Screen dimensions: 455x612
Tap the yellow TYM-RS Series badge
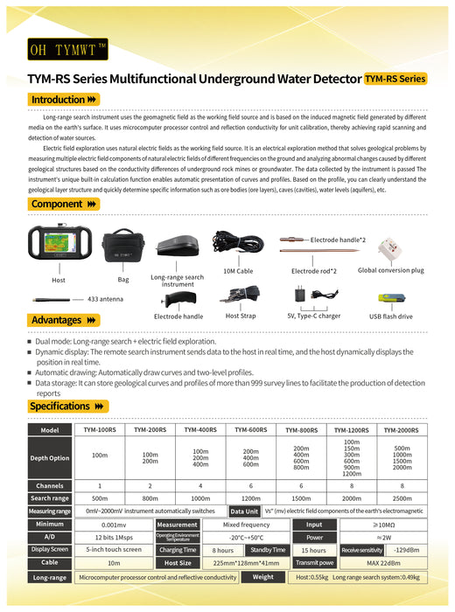(x=396, y=78)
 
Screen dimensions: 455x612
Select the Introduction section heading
(x=64, y=100)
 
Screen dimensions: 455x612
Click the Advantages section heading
(x=62, y=320)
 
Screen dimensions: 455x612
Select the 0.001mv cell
(x=100, y=524)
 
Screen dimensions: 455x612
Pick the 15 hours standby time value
(x=313, y=550)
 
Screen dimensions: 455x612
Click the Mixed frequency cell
(x=247, y=524)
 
